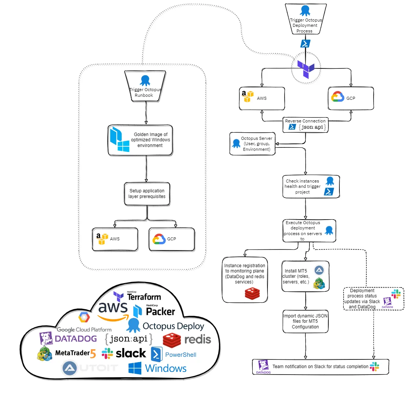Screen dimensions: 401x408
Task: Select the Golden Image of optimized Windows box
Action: pos(141,140)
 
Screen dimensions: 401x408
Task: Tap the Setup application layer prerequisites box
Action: pos(147,194)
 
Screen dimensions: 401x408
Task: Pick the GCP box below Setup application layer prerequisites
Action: pos(172,239)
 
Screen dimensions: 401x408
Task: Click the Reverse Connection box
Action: pos(305,124)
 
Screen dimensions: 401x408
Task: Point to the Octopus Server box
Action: pos(252,144)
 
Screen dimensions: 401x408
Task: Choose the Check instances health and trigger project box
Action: pos(311,186)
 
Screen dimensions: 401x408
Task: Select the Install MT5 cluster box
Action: pos(305,276)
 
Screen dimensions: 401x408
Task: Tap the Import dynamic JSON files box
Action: pos(305,322)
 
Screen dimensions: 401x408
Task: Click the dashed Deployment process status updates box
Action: pos(373,299)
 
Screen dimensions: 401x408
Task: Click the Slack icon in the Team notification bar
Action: pos(374,366)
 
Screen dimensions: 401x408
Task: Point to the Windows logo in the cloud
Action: pos(157,368)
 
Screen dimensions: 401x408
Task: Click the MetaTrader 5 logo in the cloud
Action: pos(67,353)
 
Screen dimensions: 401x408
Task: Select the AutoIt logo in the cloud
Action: pos(90,368)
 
